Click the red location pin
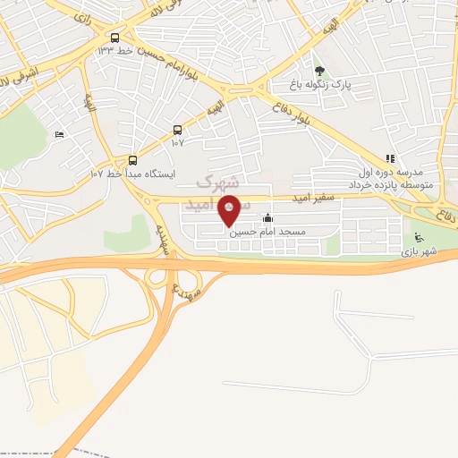click(230, 209)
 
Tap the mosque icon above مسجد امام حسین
click(268, 217)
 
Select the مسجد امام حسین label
click(268, 232)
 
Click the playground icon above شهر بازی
click(418, 238)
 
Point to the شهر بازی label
click(418, 253)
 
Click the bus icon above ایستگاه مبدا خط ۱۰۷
click(133, 160)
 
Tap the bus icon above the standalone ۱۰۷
click(177, 129)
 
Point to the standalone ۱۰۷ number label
click(177, 142)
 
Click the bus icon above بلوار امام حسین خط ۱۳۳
click(114, 38)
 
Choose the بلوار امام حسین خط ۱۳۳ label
click(134, 51)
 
